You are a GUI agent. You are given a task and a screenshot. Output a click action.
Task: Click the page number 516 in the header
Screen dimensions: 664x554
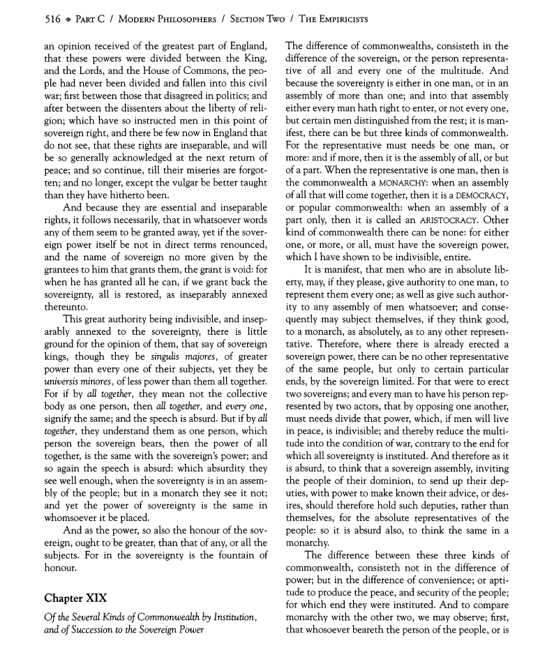32,19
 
